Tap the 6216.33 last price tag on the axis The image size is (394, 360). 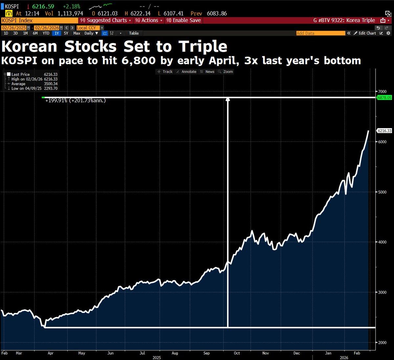pyautogui.click(x=384, y=131)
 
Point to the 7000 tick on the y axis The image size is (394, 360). pyautogui.click(x=382, y=91)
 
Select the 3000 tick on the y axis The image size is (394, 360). pyautogui.click(x=382, y=292)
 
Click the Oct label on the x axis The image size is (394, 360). pyautogui.click(x=237, y=353)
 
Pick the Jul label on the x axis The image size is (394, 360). pyautogui.click(x=142, y=353)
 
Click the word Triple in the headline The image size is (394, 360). pyautogui.click(x=203, y=47)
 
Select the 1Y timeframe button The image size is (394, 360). pyautogui.click(x=57, y=33)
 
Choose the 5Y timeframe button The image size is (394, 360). pyautogui.click(x=66, y=33)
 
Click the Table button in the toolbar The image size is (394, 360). pyautogui.click(x=134, y=33)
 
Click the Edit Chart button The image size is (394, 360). pyautogui.click(x=367, y=33)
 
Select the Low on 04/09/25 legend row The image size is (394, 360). pyautogui.click(x=34, y=88)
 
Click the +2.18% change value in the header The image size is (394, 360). pyautogui.click(x=71, y=7)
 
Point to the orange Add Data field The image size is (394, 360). pyautogui.click(x=320, y=33)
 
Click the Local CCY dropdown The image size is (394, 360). pyautogui.click(x=90, y=28)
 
